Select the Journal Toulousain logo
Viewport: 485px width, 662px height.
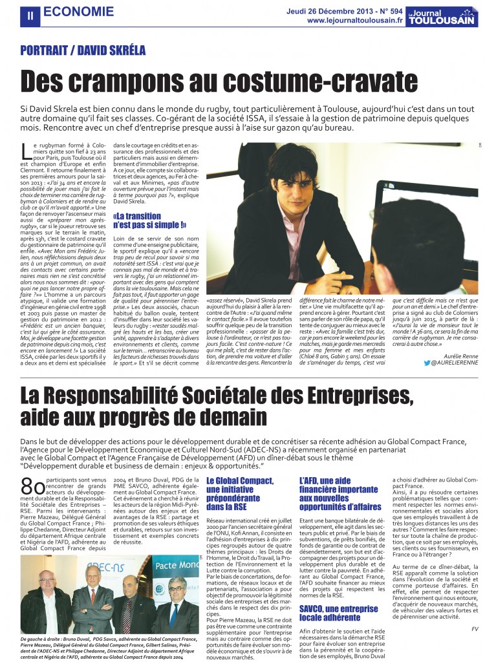click(443, 16)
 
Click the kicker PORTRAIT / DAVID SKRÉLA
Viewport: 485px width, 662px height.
click(83, 50)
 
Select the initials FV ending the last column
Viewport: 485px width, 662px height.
click(474, 628)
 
